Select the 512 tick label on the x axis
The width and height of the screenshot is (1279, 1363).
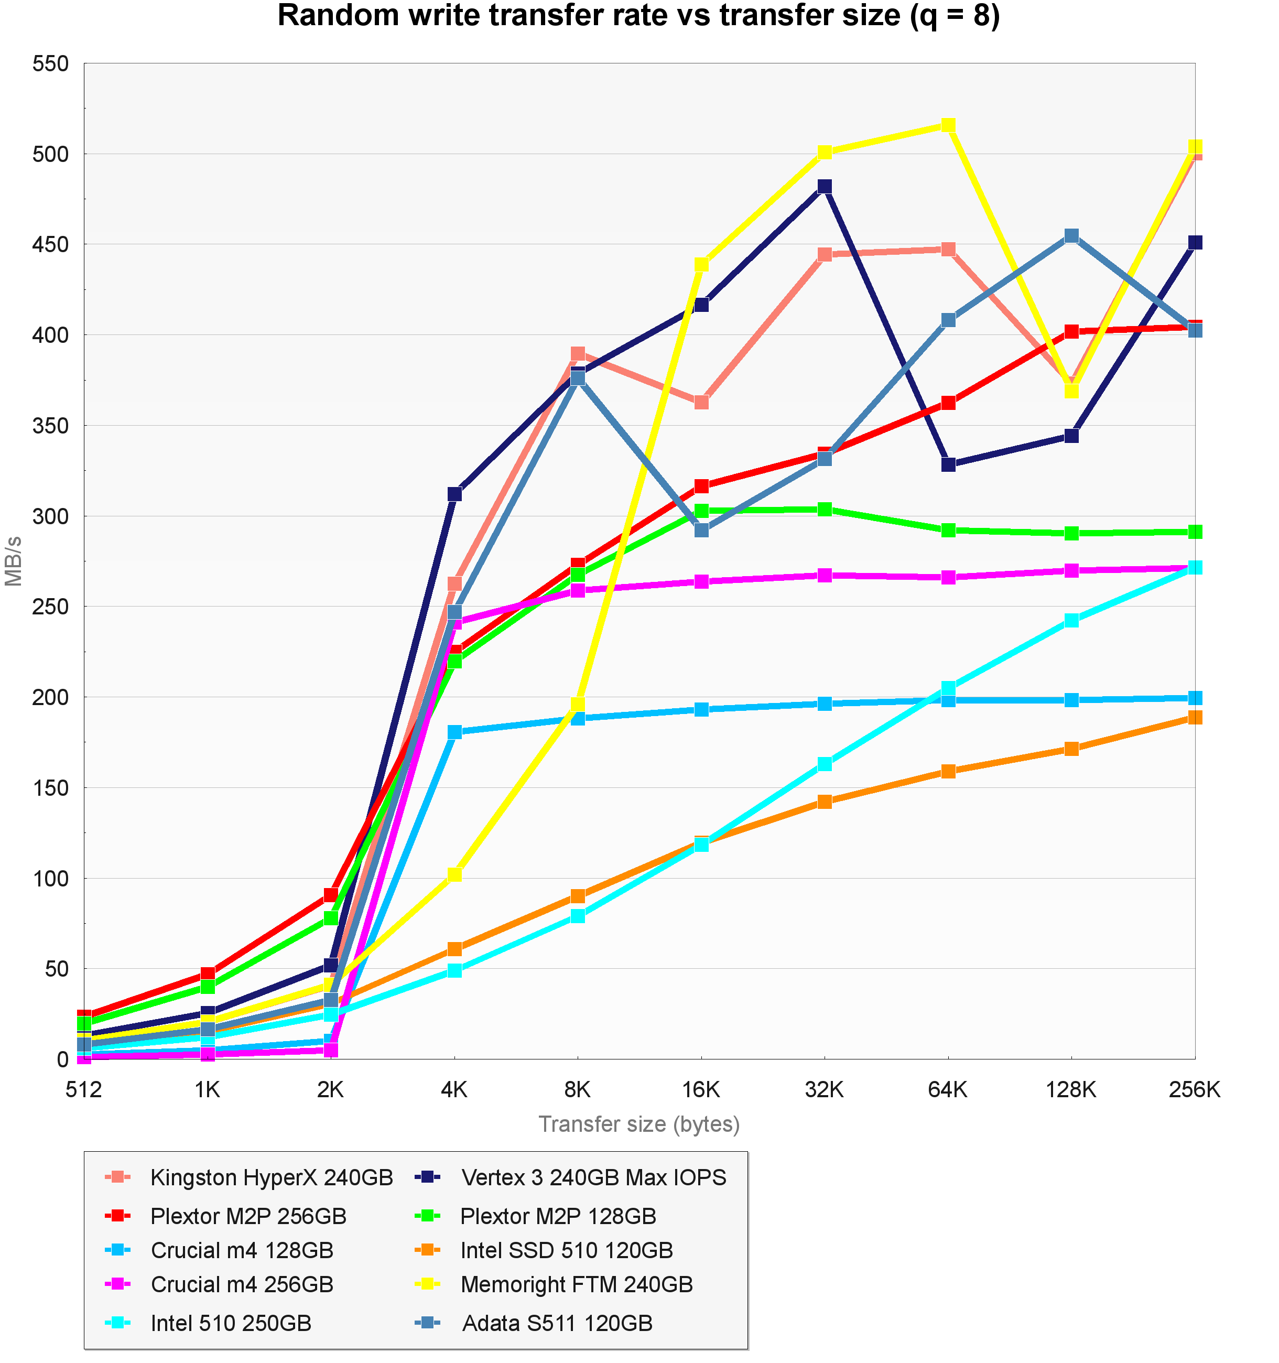[x=84, y=1089]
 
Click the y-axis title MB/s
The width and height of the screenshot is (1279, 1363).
[x=14, y=561]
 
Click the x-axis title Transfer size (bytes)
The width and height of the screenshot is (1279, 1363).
[x=639, y=1124]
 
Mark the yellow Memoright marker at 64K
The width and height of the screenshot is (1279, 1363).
[x=948, y=125]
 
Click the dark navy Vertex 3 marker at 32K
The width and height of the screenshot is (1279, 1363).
[x=825, y=187]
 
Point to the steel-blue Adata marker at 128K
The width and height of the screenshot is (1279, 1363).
[x=1071, y=236]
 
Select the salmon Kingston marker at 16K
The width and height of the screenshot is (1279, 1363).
[x=701, y=402]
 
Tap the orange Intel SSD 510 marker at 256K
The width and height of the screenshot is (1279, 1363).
[x=1195, y=717]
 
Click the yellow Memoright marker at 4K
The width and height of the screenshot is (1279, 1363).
[x=454, y=874]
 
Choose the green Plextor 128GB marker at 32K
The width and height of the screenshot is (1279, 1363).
[x=825, y=510]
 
